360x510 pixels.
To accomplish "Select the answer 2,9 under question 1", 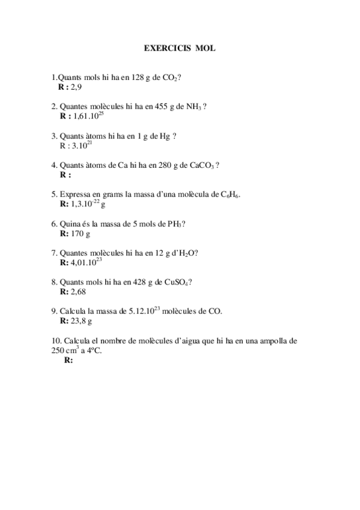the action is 76,88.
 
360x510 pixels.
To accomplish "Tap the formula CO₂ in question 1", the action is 170,78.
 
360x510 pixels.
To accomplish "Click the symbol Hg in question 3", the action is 164,136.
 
